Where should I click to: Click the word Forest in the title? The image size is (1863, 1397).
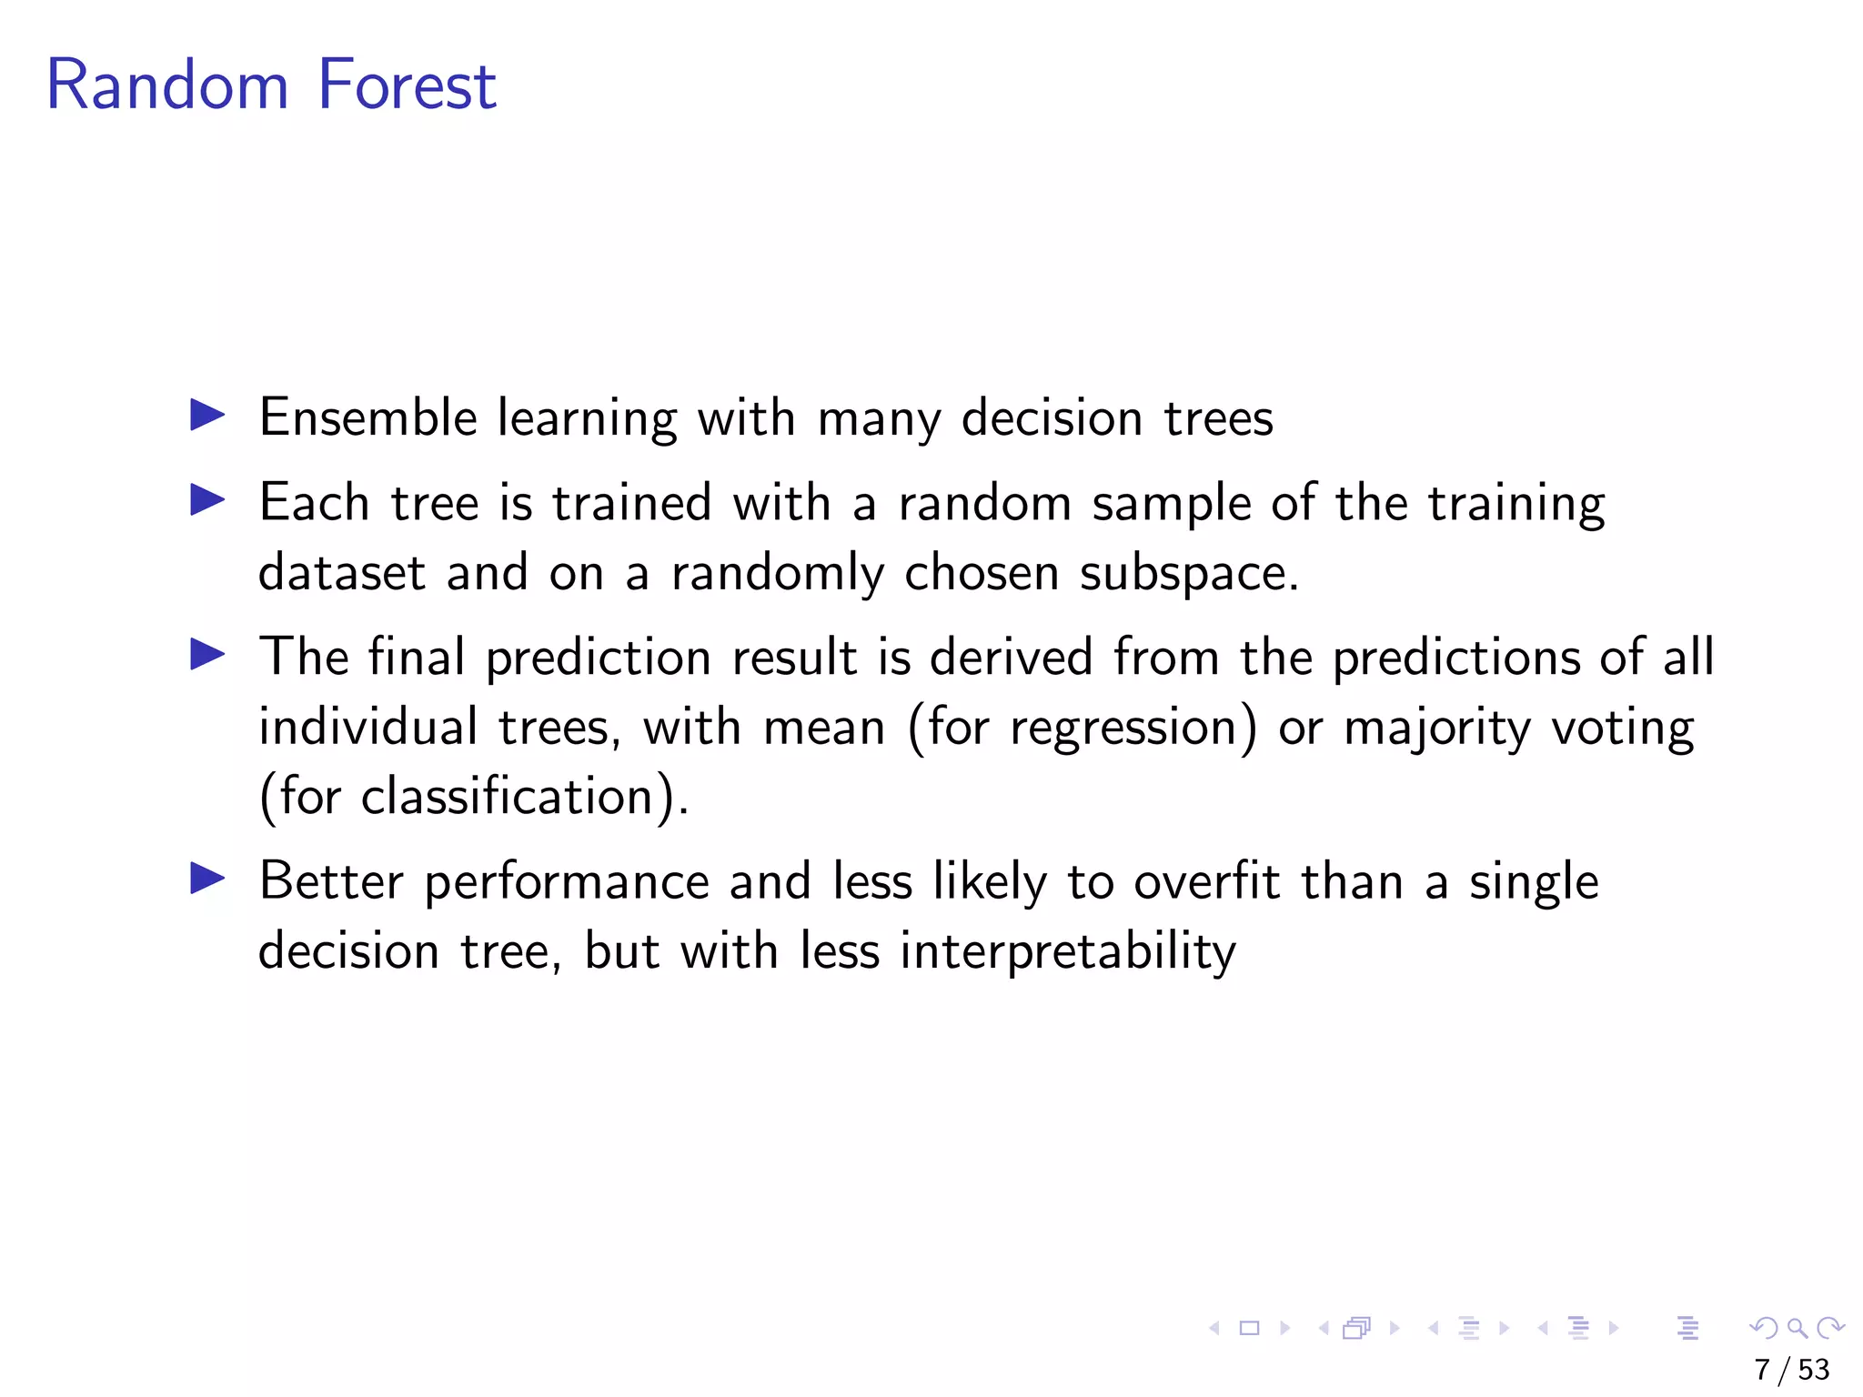point(407,85)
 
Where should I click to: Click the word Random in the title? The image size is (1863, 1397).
point(167,85)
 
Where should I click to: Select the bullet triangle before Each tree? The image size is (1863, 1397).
point(207,499)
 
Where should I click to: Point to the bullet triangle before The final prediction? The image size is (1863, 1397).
point(207,654)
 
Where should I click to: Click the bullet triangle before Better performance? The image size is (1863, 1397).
point(207,878)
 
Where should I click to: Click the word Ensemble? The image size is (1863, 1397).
point(368,418)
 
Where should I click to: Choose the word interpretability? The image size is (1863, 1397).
point(1068,952)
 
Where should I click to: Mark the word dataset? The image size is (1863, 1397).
point(342,573)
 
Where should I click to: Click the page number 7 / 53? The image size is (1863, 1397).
point(1791,1369)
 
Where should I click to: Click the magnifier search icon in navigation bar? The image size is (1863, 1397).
point(1797,1328)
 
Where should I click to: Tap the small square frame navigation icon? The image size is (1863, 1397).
point(1249,1328)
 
